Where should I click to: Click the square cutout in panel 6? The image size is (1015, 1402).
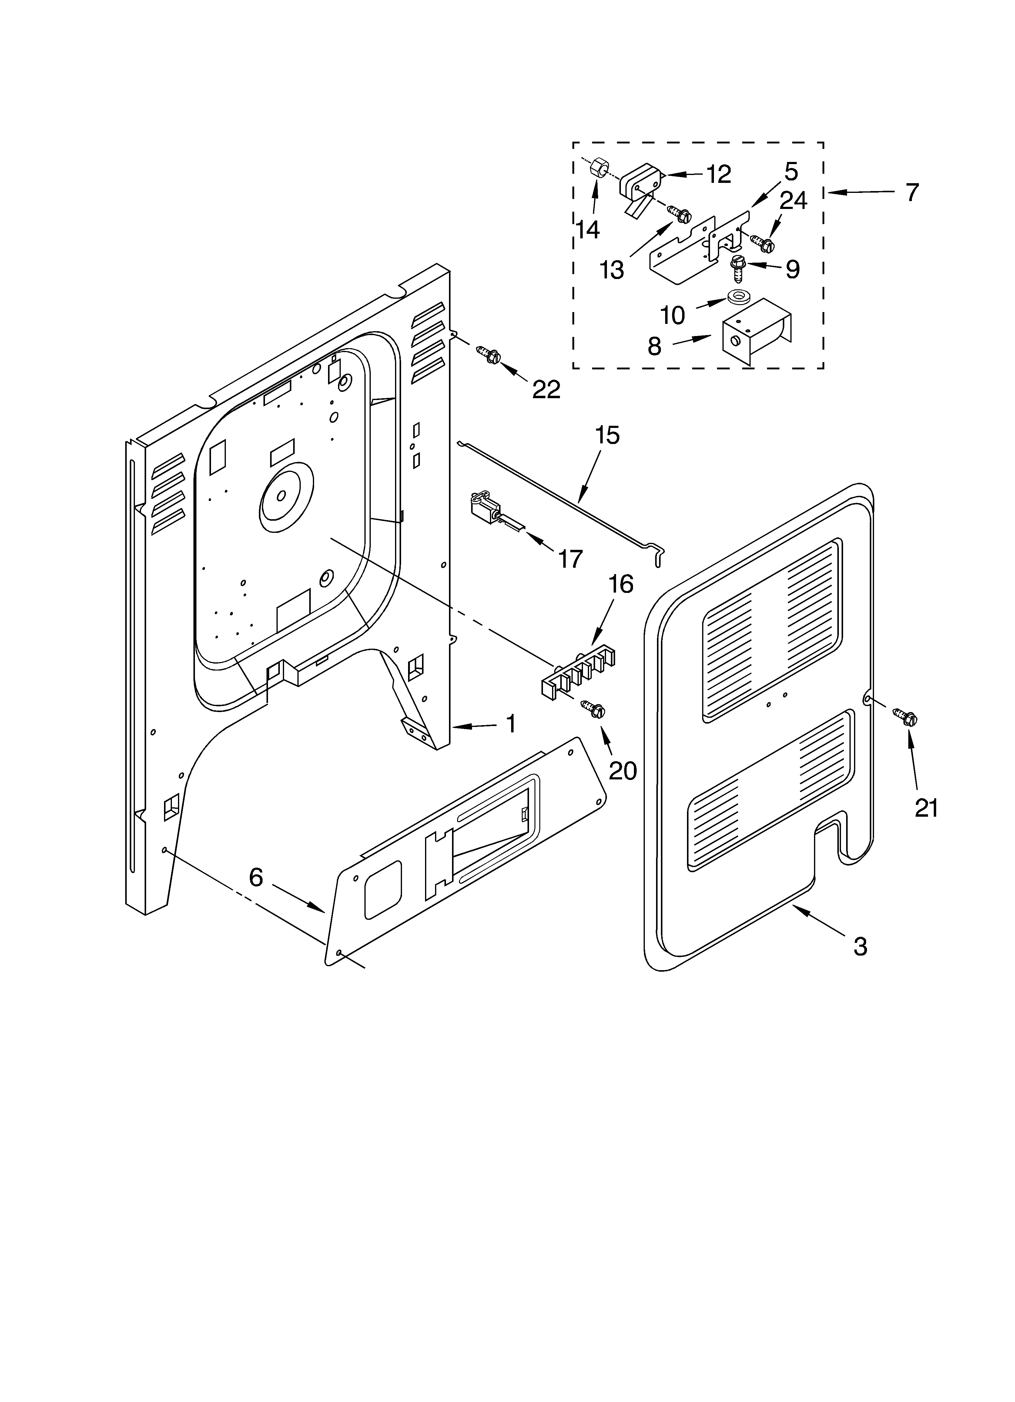click(x=383, y=889)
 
